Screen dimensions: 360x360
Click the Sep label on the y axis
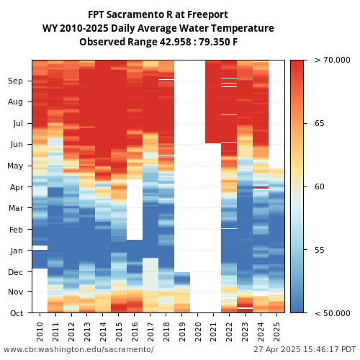(x=15, y=81)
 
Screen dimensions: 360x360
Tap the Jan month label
(x=17, y=251)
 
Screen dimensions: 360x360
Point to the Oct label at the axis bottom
(x=17, y=313)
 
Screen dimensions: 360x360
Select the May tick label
(x=15, y=166)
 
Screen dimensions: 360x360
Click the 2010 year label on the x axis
(x=40, y=332)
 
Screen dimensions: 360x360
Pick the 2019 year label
(x=182, y=332)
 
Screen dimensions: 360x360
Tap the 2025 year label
(x=276, y=332)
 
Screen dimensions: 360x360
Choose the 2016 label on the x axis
(x=135, y=332)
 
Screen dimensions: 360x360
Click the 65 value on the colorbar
(x=320, y=123)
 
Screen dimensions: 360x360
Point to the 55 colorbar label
(x=320, y=250)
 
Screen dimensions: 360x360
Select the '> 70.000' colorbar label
(x=333, y=60)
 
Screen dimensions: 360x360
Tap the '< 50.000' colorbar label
(x=333, y=313)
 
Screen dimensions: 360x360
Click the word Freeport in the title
(x=207, y=15)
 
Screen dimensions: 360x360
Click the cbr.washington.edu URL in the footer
(x=78, y=349)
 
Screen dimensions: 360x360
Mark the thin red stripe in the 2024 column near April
(x=261, y=187)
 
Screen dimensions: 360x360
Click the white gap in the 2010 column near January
(x=40, y=248)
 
